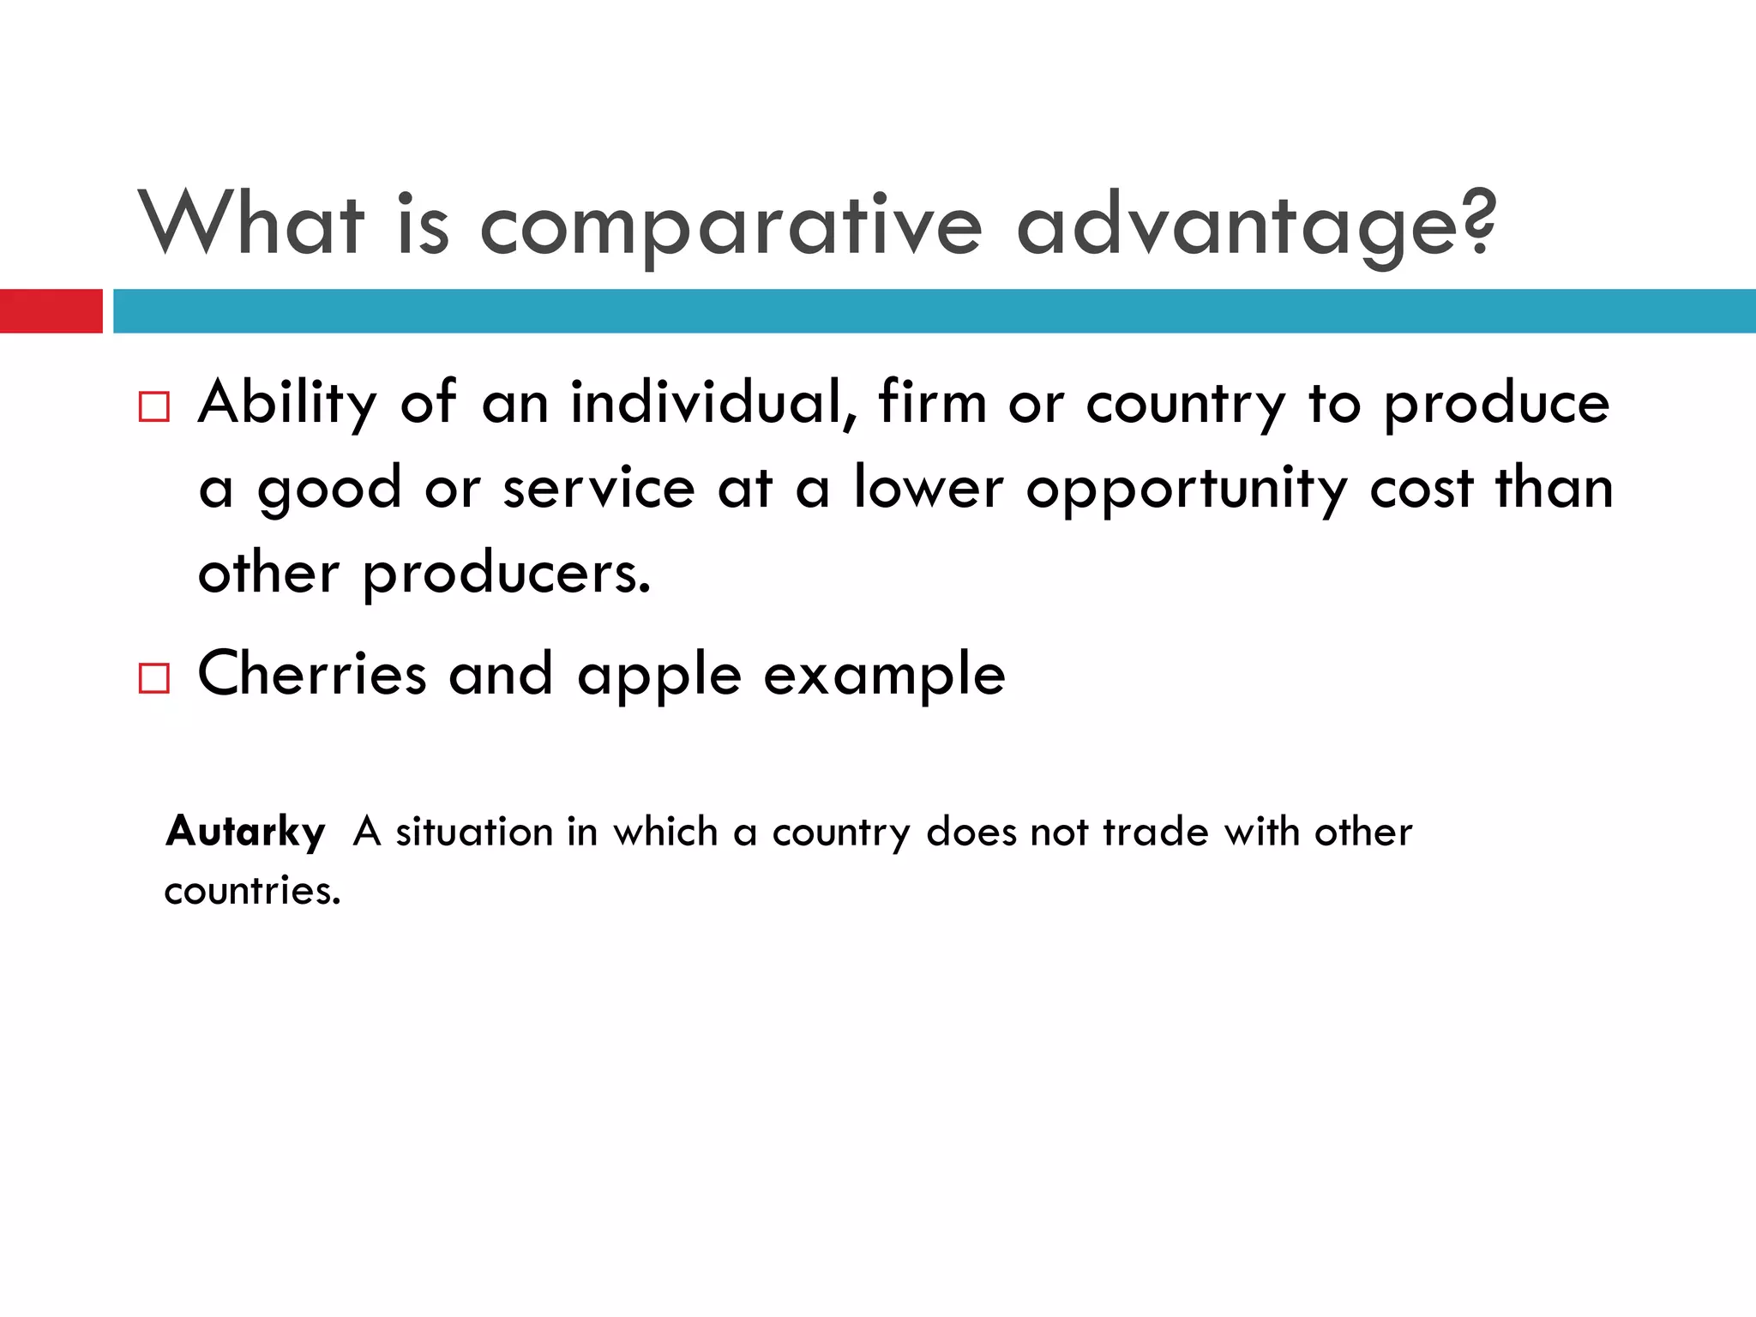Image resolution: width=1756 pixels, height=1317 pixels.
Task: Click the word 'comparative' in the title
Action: tap(731, 226)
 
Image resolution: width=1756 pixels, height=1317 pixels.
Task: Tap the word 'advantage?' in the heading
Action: tap(1256, 226)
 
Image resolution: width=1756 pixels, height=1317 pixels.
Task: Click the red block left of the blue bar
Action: tap(51, 310)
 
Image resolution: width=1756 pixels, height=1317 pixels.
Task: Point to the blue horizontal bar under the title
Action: tap(935, 310)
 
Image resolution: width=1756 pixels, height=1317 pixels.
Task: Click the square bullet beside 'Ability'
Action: tap(154, 406)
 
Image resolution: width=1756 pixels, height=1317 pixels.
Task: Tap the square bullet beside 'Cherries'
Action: tap(154, 678)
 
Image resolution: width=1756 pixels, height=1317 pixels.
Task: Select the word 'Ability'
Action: tap(287, 403)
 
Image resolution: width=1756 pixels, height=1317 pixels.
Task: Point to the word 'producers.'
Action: tap(507, 574)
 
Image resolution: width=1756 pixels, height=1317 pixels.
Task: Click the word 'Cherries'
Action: tap(312, 674)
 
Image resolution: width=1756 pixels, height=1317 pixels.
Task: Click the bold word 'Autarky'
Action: tap(246, 832)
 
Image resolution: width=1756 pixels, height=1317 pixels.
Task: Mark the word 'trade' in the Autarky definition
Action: tap(1155, 832)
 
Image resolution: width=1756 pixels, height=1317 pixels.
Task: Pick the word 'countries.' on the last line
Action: tap(253, 891)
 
